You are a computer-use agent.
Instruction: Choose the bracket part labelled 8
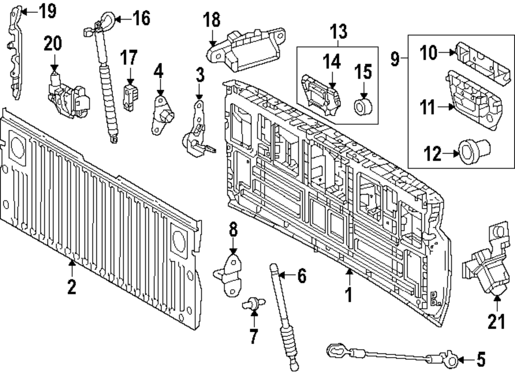click(231, 273)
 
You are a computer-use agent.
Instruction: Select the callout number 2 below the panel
click(72, 286)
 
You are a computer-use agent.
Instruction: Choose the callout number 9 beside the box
click(395, 60)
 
